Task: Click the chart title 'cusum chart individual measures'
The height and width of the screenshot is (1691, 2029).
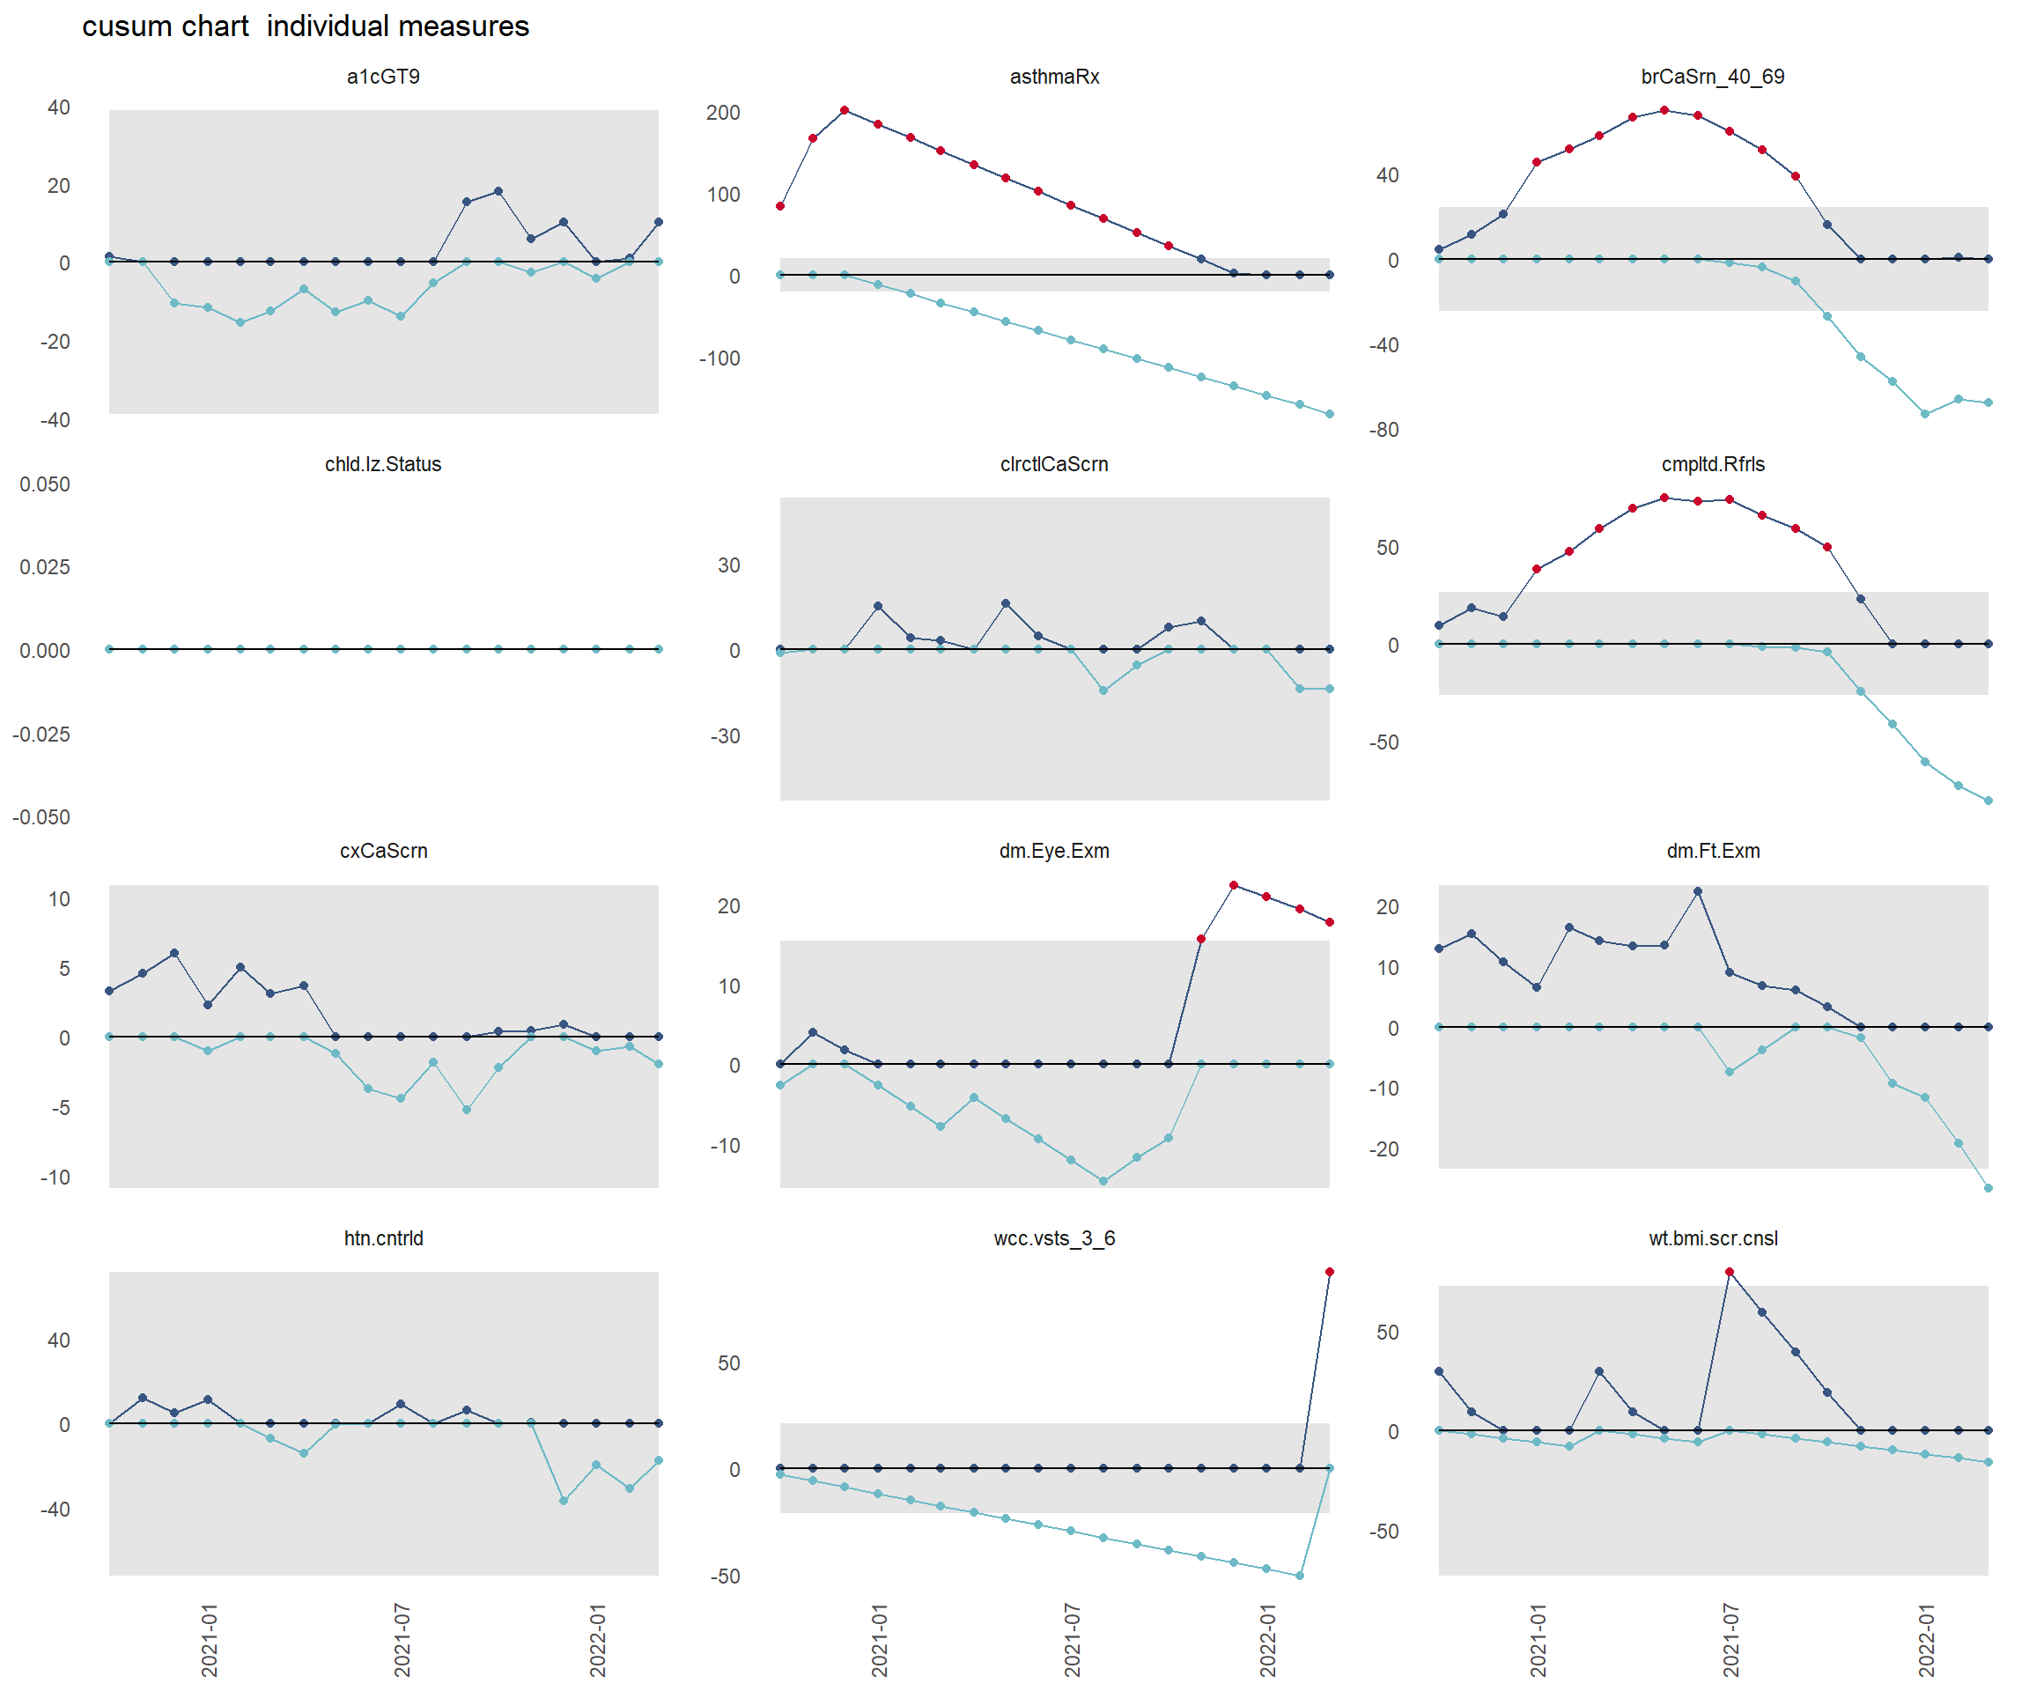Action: coord(306,26)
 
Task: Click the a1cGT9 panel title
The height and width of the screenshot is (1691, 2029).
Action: coord(384,77)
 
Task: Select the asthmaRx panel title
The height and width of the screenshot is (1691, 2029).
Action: coord(1054,77)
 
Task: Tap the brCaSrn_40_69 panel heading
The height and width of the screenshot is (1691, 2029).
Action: coord(1712,77)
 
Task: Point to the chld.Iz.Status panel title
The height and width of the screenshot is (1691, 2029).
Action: coord(384,464)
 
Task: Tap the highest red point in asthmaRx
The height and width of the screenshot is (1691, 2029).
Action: coord(845,110)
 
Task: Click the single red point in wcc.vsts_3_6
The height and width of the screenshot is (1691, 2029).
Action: coord(1330,1272)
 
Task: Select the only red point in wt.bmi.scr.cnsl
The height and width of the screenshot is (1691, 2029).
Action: coord(1730,1272)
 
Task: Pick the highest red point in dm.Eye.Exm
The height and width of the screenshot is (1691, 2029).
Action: coord(1234,885)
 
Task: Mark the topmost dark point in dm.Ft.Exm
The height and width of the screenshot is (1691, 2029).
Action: coord(1698,891)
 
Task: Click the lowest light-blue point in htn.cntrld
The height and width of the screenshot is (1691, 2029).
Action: coord(564,1501)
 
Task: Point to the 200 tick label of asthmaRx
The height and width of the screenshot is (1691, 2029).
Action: coord(723,112)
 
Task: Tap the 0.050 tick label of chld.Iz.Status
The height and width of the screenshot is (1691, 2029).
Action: coord(44,484)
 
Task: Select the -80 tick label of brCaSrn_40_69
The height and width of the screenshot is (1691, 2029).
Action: coord(1383,430)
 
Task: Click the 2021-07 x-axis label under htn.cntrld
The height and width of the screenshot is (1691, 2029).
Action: coord(402,1641)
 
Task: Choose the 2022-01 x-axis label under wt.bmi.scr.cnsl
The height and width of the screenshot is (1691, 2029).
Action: coord(1927,1641)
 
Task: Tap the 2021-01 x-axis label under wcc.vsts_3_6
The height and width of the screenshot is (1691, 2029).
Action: coord(879,1641)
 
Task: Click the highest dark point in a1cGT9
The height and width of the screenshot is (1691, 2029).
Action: coord(498,191)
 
